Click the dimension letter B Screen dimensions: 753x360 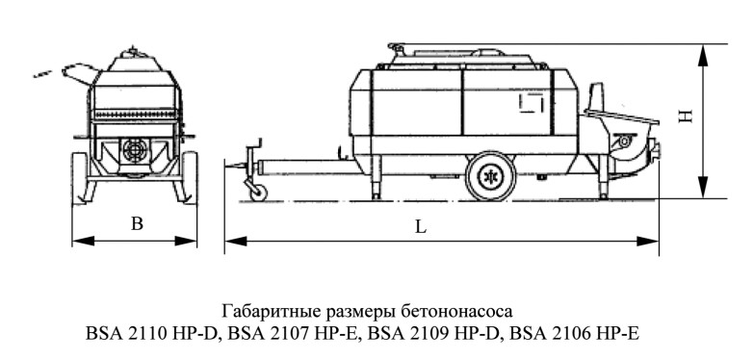pyautogui.click(x=138, y=223)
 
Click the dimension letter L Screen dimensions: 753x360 pyautogui.click(x=421, y=227)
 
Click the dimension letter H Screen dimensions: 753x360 pyautogui.click(x=686, y=116)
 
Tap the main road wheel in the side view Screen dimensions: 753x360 pyautogui.click(x=491, y=176)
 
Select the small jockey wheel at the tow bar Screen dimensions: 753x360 pyautogui.click(x=258, y=192)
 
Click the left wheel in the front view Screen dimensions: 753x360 pyautogui.click(x=80, y=178)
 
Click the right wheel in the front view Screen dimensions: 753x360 pyautogui.click(x=190, y=177)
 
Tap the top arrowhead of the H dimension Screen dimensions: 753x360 pyautogui.click(x=703, y=55)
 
